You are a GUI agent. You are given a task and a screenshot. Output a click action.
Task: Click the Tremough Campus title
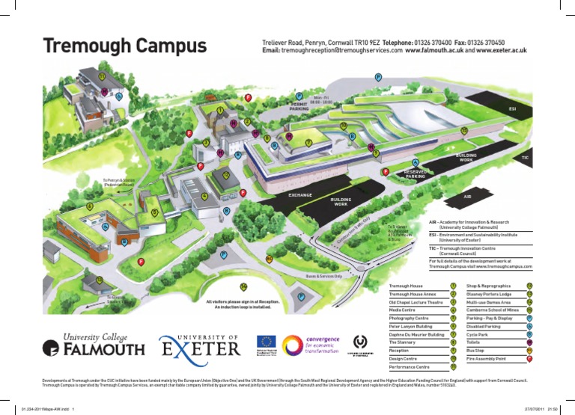(124, 46)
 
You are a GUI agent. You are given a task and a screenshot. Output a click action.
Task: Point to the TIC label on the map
(525, 158)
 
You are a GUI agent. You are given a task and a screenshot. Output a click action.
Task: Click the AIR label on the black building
(468, 197)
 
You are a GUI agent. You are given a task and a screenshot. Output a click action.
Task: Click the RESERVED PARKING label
(419, 174)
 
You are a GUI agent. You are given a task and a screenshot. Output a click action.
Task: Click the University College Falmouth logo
(94, 345)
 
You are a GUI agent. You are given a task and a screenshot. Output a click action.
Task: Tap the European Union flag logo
(267, 343)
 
